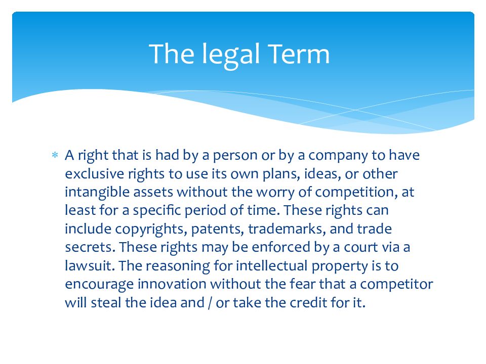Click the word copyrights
145,229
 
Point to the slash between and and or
210,302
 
